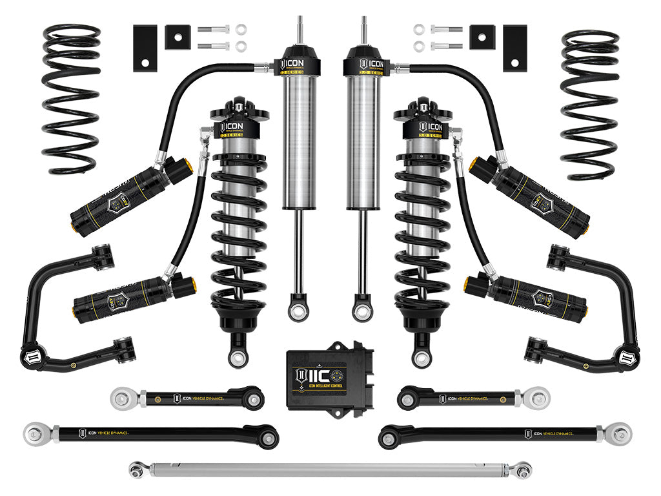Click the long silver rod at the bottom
329,469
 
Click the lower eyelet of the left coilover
236,355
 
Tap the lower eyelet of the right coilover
424,355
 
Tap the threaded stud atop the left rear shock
300,29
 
